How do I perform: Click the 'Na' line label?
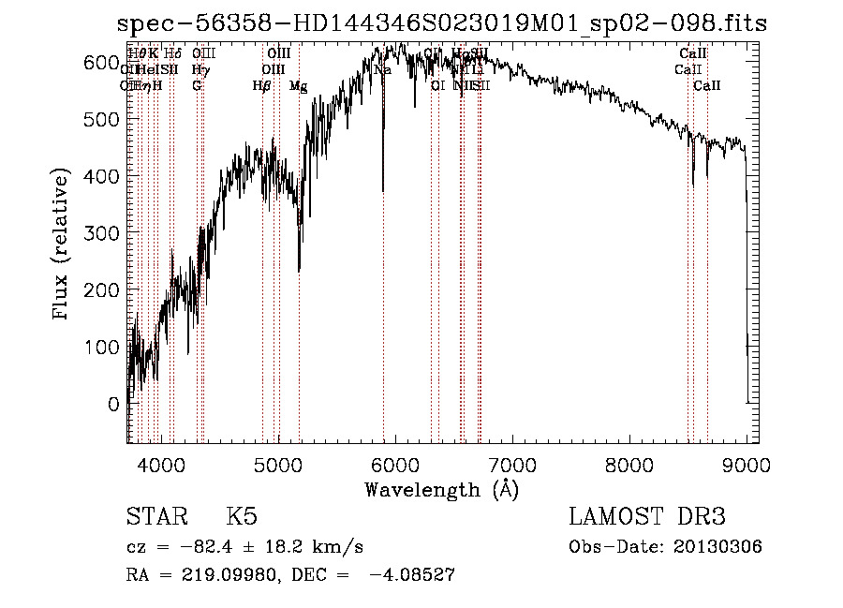382,70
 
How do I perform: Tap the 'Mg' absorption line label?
298,86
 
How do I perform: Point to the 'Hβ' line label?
261,86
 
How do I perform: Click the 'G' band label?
197,86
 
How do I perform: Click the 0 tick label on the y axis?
112,405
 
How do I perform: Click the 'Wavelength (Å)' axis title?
441,489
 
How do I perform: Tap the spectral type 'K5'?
242,517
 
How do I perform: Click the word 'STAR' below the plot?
155,517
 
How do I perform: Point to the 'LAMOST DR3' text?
646,517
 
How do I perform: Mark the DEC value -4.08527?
413,575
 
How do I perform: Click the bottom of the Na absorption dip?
383,191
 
